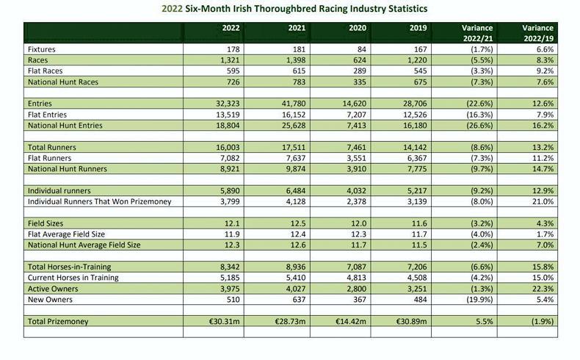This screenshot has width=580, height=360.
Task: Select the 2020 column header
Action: click(x=356, y=28)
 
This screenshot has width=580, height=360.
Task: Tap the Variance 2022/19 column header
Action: click(x=537, y=32)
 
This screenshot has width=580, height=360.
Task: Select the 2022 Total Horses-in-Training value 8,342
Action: click(x=228, y=266)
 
